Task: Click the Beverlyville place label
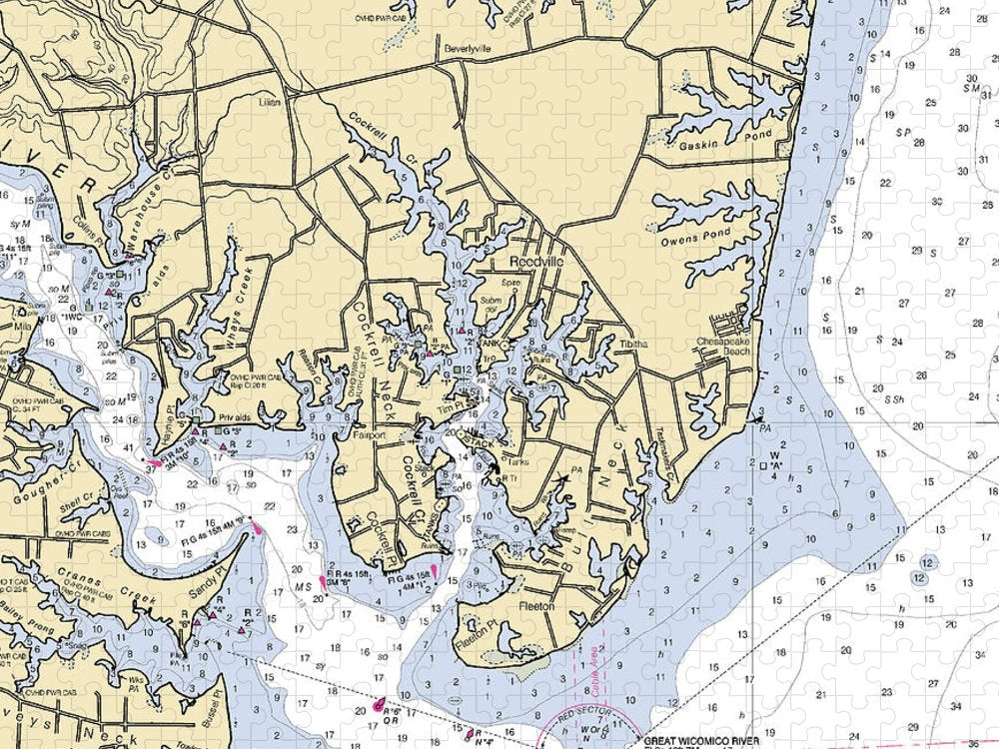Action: tap(467, 47)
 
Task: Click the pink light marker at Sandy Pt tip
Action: tap(257, 528)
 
